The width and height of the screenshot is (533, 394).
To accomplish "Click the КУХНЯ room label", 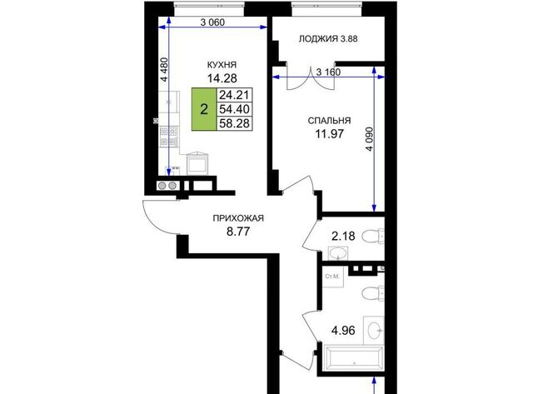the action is pos(222,65).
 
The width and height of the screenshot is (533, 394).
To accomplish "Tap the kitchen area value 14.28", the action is pos(222,78).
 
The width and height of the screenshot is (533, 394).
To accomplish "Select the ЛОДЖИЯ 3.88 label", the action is pos(328,39).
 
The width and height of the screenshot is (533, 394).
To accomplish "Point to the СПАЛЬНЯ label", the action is pos(329,121).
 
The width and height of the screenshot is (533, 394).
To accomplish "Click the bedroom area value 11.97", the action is pos(329,134).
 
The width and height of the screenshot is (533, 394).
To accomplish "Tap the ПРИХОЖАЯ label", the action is pos(238,218).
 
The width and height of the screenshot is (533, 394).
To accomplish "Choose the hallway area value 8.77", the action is pos(238,232).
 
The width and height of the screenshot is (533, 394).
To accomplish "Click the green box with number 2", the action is pos(204,109).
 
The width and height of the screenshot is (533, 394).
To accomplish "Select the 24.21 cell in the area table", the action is pos(235,94).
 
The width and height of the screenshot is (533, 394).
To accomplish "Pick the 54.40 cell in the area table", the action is pos(235,109).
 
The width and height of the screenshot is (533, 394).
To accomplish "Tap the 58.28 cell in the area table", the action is pos(235,123).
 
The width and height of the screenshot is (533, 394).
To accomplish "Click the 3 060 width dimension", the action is pos(212,22).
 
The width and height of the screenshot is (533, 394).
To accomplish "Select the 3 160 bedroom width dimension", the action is pos(328,72).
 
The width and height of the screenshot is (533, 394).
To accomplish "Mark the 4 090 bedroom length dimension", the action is pos(370,139).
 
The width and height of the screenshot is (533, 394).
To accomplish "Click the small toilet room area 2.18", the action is pos(343,236).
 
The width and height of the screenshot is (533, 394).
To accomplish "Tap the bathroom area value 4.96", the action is pos(343,330).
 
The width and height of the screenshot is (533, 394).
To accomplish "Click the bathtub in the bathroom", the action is pos(353,359).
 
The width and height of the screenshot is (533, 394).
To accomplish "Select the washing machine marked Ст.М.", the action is pos(333,277).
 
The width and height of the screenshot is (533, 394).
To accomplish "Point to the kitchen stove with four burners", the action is pos(169,137).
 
